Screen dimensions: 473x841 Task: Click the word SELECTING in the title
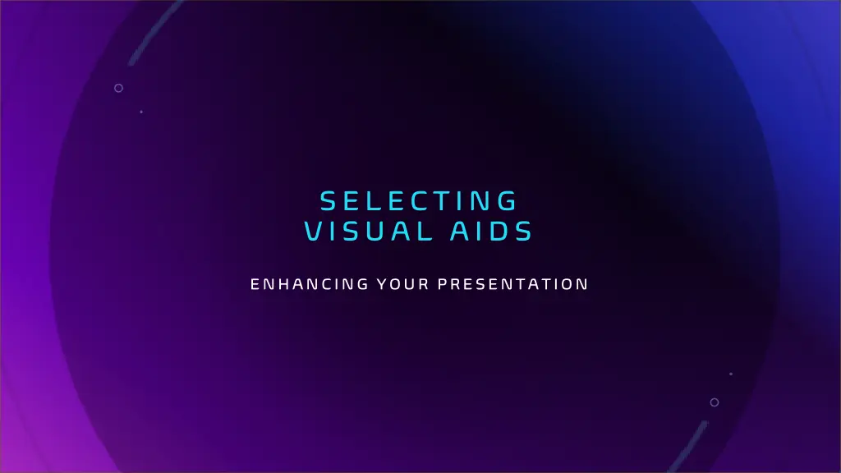pyautogui.click(x=419, y=200)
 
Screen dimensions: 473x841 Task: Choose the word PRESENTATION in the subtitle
pyautogui.click(x=512, y=285)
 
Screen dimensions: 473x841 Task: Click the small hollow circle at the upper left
pyautogui.click(x=118, y=88)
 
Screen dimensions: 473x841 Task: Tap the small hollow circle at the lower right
pyautogui.click(x=715, y=402)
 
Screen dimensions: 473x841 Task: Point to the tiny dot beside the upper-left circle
pyautogui.click(x=141, y=112)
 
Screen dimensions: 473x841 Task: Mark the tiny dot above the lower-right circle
pyautogui.click(x=730, y=374)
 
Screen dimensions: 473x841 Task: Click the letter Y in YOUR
pyautogui.click(x=381, y=285)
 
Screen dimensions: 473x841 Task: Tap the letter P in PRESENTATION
pyautogui.click(x=442, y=285)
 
